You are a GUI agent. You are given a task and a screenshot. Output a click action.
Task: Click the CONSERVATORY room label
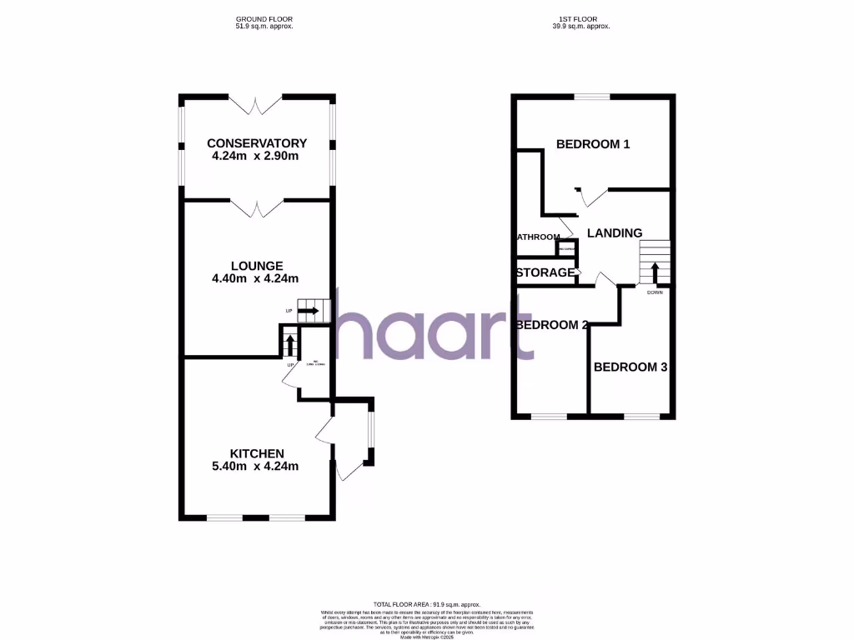pyautogui.click(x=257, y=143)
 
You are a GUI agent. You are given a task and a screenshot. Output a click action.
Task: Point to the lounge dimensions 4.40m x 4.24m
pyautogui.click(x=255, y=279)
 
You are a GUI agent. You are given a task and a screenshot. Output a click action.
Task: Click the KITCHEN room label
pyautogui.click(x=257, y=453)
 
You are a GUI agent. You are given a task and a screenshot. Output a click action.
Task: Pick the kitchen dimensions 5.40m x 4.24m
pyautogui.click(x=255, y=466)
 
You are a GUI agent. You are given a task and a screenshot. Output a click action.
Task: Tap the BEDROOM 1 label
pyautogui.click(x=593, y=144)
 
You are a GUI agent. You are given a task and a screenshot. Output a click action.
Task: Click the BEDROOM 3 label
pyautogui.click(x=630, y=367)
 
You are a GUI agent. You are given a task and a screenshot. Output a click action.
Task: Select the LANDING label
pyautogui.click(x=615, y=233)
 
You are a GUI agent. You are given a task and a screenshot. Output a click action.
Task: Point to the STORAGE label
pyautogui.click(x=545, y=272)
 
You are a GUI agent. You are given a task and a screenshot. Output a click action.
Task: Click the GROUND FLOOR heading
pyautogui.click(x=264, y=18)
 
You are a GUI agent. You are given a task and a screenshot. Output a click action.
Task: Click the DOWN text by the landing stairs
pyautogui.click(x=655, y=292)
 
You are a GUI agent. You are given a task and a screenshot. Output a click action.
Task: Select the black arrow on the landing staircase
pyautogui.click(x=655, y=272)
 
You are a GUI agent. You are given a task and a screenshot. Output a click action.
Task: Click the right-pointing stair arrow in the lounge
pyautogui.click(x=308, y=312)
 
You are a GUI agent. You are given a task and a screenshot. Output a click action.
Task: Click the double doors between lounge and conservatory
pyautogui.click(x=257, y=207)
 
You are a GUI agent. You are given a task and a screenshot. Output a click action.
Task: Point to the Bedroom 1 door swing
pyautogui.click(x=591, y=197)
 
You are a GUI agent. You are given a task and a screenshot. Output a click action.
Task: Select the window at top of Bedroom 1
pyautogui.click(x=592, y=97)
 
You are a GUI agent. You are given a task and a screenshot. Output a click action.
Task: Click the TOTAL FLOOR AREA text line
pyautogui.click(x=426, y=604)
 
